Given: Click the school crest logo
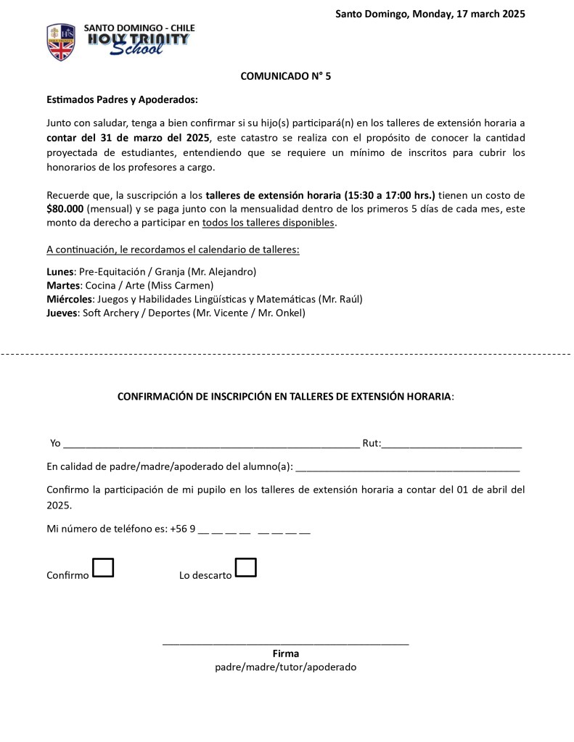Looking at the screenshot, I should pos(61,42).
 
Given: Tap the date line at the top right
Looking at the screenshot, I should pos(430,14).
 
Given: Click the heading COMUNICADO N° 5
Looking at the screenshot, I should pos(286,75).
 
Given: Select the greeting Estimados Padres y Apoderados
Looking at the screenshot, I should pos(122,99).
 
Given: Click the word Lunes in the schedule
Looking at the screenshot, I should pos(60,271).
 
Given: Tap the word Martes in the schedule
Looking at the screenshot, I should pos(62,285).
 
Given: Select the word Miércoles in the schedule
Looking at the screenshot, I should pos(70,299).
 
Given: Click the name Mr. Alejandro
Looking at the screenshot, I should pos(222,271).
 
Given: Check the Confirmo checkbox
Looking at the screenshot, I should pos(103,567).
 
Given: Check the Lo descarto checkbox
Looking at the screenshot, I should pos(246,567).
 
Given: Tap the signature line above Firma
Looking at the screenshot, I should pos(286,643).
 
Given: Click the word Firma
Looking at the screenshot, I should pos(286,654).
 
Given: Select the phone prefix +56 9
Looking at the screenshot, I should pos(183,529).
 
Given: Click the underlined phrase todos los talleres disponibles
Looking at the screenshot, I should pos(268,223).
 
